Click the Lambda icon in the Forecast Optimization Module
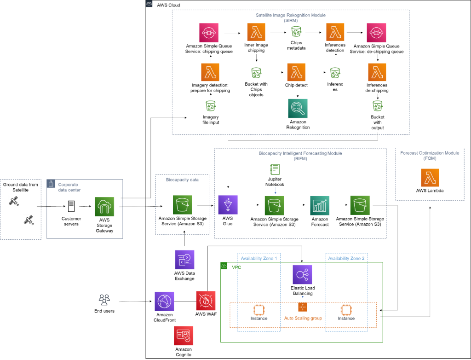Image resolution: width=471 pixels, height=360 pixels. pos(430,177)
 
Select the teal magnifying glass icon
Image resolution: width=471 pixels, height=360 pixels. pos(298,108)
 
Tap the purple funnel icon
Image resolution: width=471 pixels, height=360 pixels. pos(228,205)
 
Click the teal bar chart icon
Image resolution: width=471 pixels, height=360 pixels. pos(320,205)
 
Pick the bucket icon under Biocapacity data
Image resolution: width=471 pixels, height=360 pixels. pos(183,205)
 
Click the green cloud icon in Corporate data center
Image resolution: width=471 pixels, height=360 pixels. pos(104,207)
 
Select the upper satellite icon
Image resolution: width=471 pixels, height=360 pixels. pos(14,201)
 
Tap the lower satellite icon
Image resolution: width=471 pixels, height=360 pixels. pos(29,220)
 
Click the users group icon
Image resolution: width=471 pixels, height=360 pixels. pos(104,300)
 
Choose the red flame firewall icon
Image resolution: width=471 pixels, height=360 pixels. pos(206,301)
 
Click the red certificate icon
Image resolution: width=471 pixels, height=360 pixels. pos(184,336)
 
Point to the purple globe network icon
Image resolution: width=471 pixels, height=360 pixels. pos(164,301)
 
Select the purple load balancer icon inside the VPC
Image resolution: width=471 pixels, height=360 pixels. pos(302,274)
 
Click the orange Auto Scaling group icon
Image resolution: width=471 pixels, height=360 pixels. pos(302,307)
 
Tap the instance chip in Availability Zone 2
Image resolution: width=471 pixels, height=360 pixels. pos(346,310)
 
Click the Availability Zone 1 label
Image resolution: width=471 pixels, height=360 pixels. pos(259,259)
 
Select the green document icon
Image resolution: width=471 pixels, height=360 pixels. pos(275,169)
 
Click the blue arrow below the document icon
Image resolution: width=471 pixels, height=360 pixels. pos(275,190)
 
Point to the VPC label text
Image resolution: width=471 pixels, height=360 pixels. pos(236,267)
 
